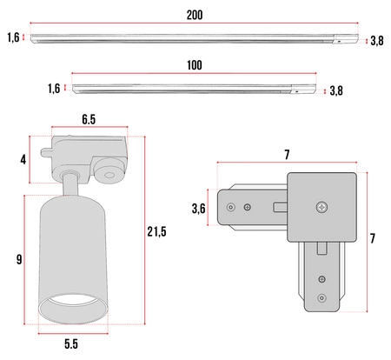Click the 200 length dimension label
click(x=195, y=15)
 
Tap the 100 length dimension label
click(x=195, y=65)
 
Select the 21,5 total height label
click(x=156, y=231)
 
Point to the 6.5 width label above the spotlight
click(x=89, y=119)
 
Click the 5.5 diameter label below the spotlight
click(x=71, y=344)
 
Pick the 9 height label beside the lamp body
click(x=19, y=259)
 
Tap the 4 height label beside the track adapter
click(x=23, y=160)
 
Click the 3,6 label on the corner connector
click(x=199, y=209)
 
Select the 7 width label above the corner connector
click(x=287, y=155)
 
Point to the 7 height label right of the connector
click(x=373, y=238)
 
